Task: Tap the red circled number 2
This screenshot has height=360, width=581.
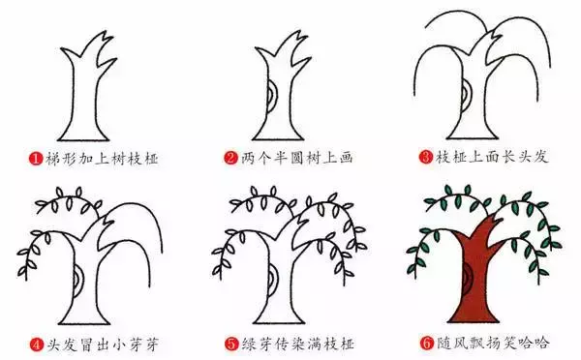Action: (230, 156)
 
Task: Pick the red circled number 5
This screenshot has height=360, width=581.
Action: (230, 341)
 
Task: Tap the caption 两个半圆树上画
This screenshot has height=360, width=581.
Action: (287, 156)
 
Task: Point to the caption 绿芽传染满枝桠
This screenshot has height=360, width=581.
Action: (287, 341)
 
